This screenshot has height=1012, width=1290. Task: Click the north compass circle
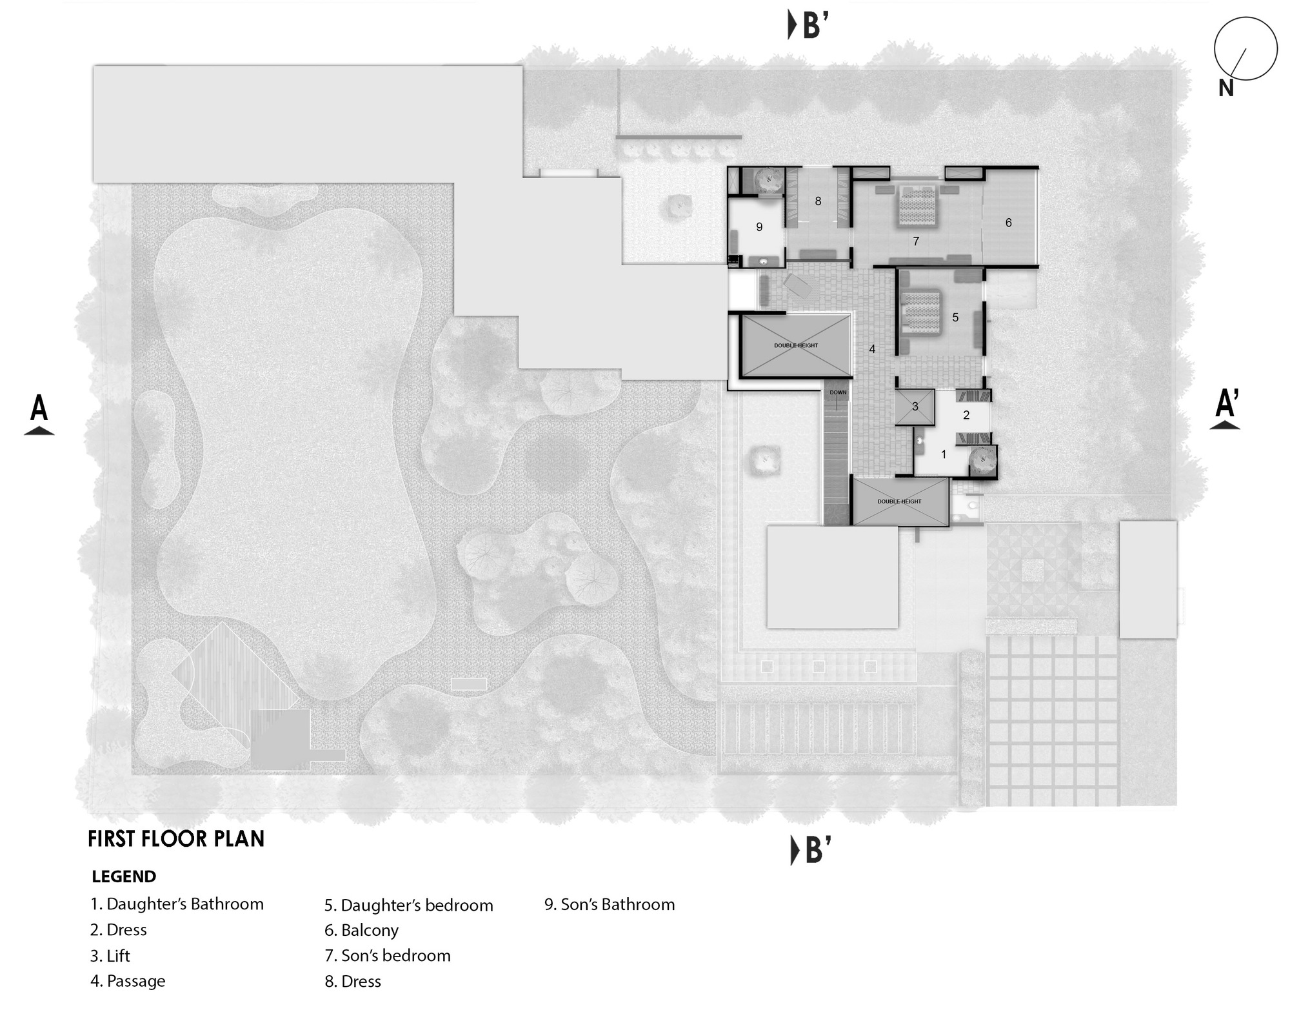[x=1245, y=49]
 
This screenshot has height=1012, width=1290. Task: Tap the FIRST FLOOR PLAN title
[x=176, y=838]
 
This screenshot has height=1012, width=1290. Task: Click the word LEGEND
[x=124, y=876]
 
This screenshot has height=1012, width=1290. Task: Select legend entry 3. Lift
[x=110, y=955]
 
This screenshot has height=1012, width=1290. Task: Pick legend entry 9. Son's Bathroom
[x=610, y=904]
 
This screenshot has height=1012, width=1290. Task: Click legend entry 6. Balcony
[x=361, y=930]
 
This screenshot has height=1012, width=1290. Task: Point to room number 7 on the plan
[x=915, y=241]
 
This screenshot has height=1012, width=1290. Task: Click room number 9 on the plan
[x=759, y=227]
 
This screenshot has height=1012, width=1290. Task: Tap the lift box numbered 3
[x=915, y=407]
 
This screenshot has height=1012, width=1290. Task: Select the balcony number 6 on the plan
[x=1008, y=223]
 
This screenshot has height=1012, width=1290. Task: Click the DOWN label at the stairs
[x=838, y=392]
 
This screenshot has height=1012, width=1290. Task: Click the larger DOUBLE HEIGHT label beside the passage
[x=796, y=345]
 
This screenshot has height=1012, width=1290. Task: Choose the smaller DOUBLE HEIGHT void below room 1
[x=899, y=501]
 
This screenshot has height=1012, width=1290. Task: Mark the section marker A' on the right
[x=1225, y=409]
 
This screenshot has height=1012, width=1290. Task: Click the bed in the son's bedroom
[x=917, y=205]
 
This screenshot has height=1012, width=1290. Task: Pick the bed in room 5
[x=921, y=312]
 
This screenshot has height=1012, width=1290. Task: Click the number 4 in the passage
[x=872, y=349]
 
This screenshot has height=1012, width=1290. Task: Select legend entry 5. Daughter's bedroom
[x=408, y=905]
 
